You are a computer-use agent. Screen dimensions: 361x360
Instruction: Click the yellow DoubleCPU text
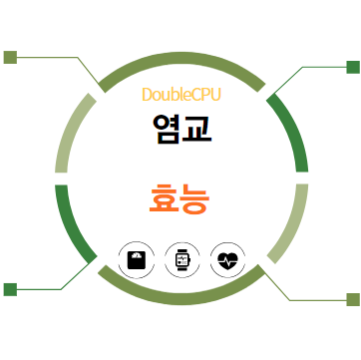(180, 95)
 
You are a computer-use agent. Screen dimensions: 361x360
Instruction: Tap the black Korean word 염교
(180, 128)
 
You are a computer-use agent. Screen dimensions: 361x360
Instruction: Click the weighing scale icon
(135, 259)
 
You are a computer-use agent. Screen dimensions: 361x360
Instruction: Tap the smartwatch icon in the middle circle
(181, 259)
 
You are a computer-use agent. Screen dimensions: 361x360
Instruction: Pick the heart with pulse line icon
(227, 259)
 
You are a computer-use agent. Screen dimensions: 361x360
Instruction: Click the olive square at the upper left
(11, 57)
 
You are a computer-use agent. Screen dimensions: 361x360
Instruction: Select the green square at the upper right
(352, 67)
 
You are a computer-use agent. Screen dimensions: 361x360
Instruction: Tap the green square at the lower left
(11, 289)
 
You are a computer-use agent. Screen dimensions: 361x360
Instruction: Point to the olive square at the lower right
(352, 299)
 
